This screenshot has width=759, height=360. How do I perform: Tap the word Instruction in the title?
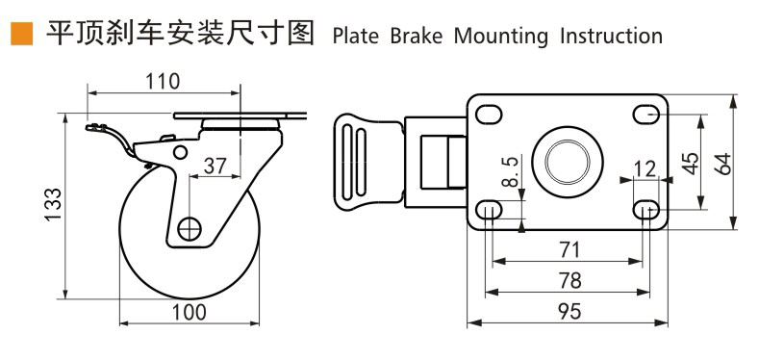611,37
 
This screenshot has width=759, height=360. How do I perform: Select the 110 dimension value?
162,82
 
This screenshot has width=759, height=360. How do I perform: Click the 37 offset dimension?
215,166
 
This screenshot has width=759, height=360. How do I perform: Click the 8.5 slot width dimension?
512,172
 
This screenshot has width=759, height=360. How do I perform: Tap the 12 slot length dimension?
645,169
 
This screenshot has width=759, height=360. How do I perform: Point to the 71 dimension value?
569,250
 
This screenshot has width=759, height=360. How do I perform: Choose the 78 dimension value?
569,280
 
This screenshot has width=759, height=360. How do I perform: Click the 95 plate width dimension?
569,311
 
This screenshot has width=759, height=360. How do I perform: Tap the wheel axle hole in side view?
190,229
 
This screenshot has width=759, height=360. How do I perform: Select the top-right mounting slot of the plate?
645,116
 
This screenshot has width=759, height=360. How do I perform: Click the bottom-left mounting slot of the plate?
490,209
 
